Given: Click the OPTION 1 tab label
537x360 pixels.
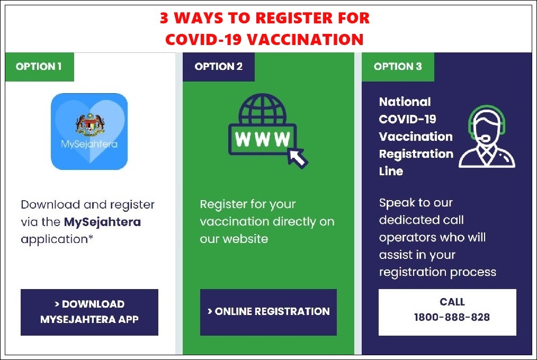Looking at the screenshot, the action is [39, 67].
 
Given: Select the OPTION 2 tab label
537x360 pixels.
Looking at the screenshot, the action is [219, 67].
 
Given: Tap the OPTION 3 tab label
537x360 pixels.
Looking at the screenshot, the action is [398, 67].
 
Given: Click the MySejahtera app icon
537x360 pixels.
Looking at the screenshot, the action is [89, 131].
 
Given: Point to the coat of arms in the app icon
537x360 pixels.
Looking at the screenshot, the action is [90, 125].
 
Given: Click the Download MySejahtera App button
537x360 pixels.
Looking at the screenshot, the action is [89, 312].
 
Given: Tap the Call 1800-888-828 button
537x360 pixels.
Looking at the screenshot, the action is [448, 312].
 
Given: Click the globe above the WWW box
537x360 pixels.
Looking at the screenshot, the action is [262, 109].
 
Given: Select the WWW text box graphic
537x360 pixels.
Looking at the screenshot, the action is [262, 139].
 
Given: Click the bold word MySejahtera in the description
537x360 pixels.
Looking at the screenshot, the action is [102, 222].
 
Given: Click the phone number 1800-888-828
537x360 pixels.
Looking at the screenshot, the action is [452, 317].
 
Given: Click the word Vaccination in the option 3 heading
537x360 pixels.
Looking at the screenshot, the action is [416, 137].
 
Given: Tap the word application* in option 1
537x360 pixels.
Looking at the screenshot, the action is [57, 239].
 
